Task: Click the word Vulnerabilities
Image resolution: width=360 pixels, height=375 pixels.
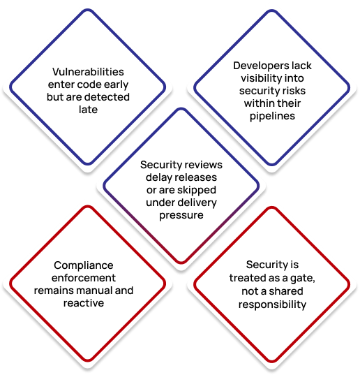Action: [88, 72]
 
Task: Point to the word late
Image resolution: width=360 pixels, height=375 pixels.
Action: [88, 110]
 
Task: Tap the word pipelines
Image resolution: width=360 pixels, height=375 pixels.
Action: [272, 117]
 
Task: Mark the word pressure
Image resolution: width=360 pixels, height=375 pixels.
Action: [181, 216]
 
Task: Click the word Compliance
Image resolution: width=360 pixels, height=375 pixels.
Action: [84, 265]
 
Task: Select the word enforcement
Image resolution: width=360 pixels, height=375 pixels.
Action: [84, 278]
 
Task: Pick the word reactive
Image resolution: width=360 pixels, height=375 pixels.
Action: [84, 303]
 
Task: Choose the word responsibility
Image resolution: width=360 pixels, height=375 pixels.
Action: [272, 305]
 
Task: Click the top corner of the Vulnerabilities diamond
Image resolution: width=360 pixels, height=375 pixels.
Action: [88, 10]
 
